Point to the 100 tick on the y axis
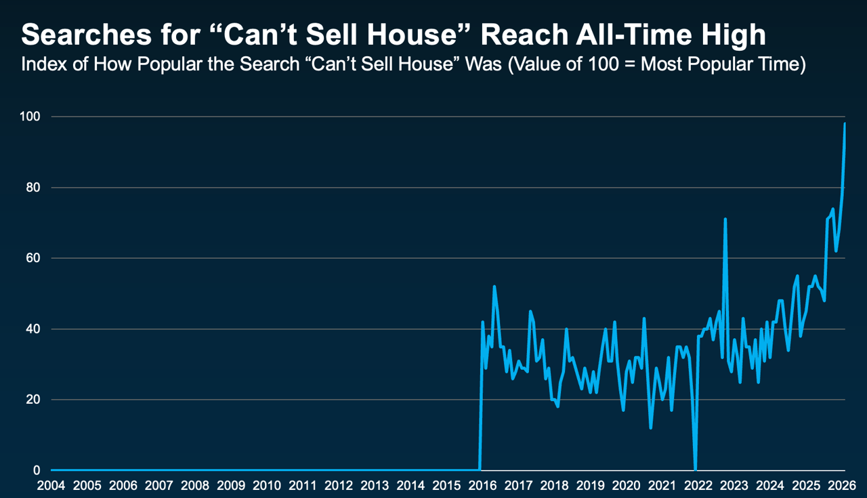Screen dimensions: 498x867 click(x=30, y=117)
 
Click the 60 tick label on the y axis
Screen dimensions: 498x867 click(x=33, y=258)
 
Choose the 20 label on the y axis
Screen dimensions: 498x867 click(x=33, y=400)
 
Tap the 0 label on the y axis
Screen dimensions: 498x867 click(x=37, y=470)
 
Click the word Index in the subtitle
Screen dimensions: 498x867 click(x=41, y=66)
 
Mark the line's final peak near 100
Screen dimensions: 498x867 click(x=845, y=124)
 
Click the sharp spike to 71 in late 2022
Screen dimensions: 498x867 click(x=725, y=220)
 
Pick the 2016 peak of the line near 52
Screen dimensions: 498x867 click(x=494, y=287)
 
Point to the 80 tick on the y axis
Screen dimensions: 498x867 click(x=33, y=188)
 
